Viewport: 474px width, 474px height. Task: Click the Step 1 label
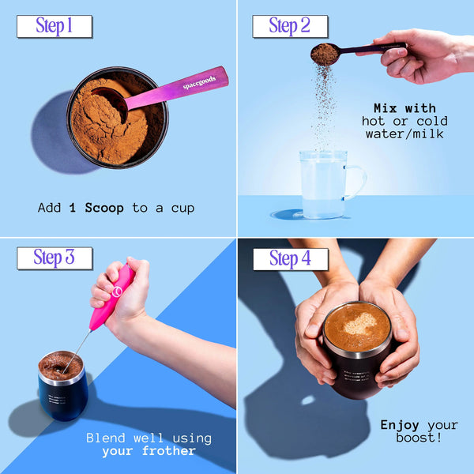[54, 26]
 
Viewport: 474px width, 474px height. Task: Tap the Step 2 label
[289, 26]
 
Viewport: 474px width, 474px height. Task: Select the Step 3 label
[54, 258]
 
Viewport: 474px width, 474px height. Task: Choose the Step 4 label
[289, 258]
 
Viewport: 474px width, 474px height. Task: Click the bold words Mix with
[404, 107]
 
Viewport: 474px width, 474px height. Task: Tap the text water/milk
[404, 134]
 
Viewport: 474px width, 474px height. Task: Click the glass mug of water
[324, 183]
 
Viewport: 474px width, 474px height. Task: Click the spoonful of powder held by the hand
[325, 55]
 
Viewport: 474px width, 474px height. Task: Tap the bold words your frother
[149, 451]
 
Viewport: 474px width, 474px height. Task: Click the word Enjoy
[400, 425]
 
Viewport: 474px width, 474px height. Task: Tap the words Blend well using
[149, 438]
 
